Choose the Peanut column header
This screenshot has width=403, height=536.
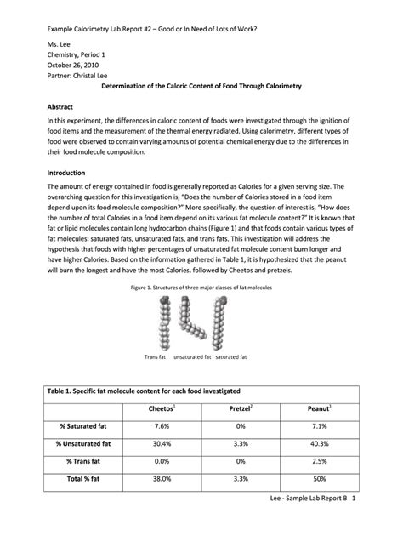coord(318,410)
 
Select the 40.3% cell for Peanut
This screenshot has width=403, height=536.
coord(318,443)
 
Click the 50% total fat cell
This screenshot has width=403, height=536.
coord(318,478)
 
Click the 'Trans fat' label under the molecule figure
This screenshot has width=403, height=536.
coord(155,357)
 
